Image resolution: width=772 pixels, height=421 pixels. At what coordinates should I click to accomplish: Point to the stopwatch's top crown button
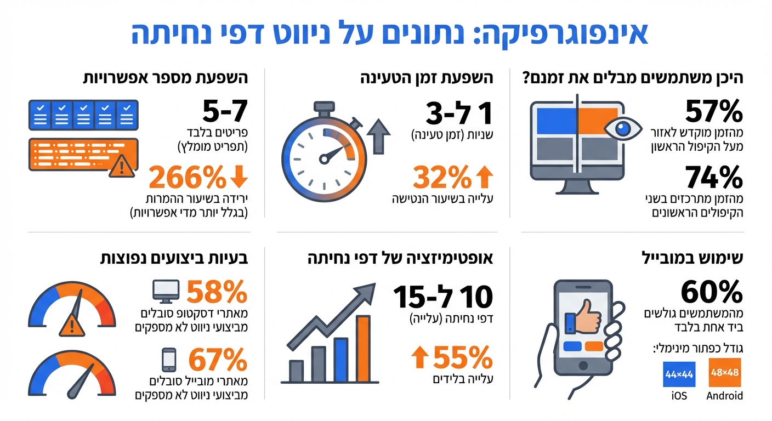coord(323,106)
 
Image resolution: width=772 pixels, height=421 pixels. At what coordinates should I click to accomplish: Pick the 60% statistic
coord(712,292)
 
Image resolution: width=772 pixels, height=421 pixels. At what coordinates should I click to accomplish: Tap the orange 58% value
coord(217,292)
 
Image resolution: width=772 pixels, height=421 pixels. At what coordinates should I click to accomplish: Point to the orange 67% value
coord(217,360)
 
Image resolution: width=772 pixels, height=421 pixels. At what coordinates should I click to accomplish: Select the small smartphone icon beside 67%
coord(168,360)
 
